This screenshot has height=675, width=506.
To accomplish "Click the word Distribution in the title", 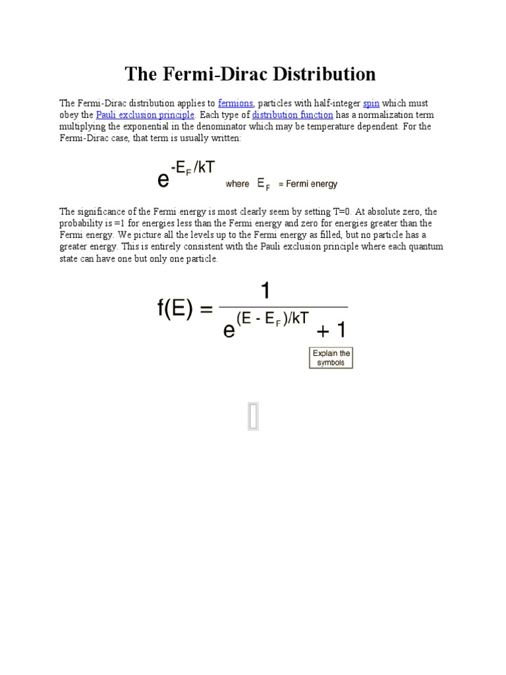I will click(x=318, y=74).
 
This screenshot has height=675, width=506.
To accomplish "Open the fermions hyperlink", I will click(x=235, y=103).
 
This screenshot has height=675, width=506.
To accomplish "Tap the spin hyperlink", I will click(x=371, y=103).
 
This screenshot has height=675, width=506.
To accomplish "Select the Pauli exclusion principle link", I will click(x=145, y=115).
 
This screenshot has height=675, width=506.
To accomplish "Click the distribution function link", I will click(x=292, y=115).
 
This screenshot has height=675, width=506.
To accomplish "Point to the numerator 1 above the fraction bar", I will click(x=266, y=290).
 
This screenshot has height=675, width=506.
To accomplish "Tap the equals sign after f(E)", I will click(x=206, y=310).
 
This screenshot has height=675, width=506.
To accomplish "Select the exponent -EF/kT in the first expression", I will click(x=193, y=167).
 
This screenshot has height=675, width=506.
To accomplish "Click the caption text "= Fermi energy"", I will click(x=308, y=184).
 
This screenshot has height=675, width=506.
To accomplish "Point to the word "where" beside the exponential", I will click(x=237, y=184).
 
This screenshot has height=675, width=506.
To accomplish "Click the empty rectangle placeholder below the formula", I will click(x=253, y=416).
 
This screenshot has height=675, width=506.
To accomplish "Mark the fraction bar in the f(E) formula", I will click(x=283, y=307).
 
